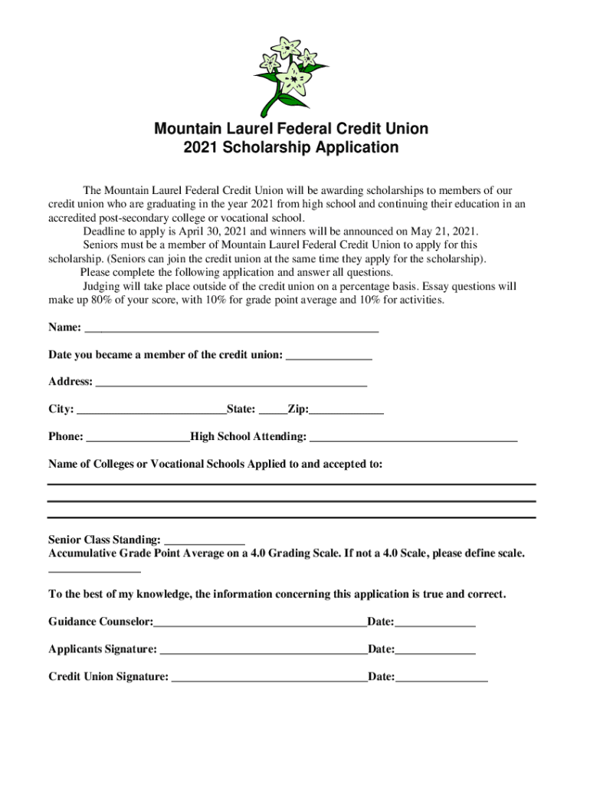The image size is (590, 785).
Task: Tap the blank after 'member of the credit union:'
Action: coord(329,355)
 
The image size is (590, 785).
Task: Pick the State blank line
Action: coord(273,409)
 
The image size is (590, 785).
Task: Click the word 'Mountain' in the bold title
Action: coord(185,128)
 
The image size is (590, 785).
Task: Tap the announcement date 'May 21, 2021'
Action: coord(442,232)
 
